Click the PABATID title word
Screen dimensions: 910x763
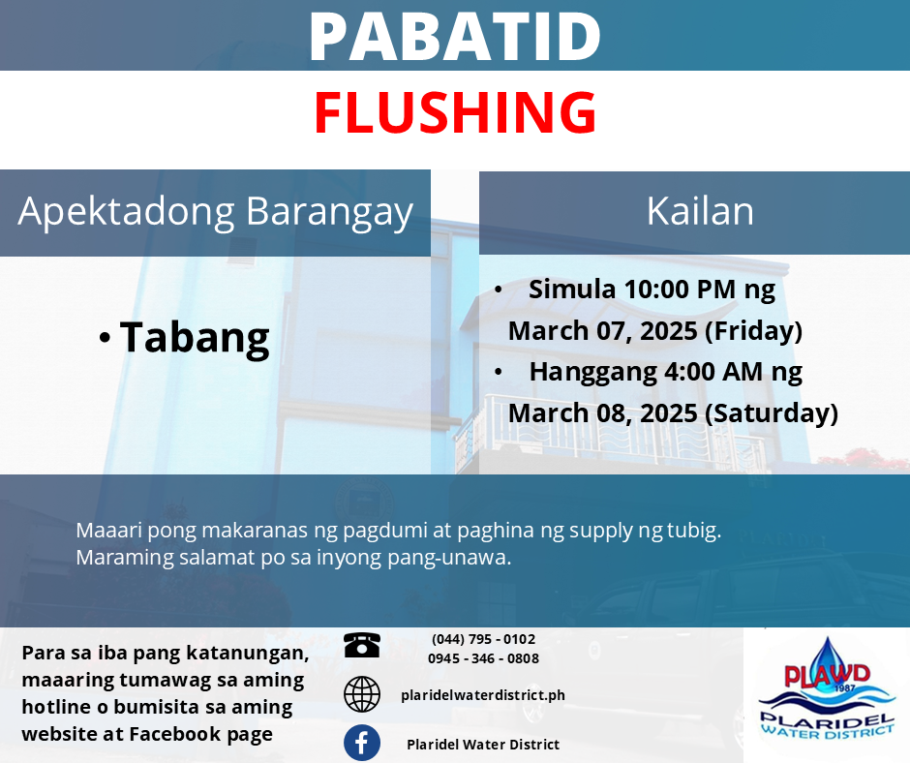click(455, 36)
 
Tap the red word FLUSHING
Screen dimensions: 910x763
click(456, 112)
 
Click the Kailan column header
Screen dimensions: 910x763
click(700, 211)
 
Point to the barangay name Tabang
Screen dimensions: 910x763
click(195, 338)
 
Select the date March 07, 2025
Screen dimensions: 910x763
click(603, 331)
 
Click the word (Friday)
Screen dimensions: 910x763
click(754, 331)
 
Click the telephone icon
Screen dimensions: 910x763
click(361, 645)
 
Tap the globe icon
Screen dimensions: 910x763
click(361, 694)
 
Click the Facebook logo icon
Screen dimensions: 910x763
click(361, 743)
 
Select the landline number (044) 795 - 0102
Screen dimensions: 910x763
click(483, 639)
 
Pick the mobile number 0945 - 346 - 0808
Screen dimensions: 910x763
click(483, 658)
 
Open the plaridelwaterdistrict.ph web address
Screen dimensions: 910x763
click(483, 695)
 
